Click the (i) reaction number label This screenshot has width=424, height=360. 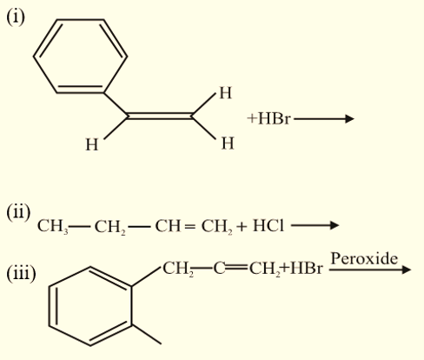[x=16, y=17]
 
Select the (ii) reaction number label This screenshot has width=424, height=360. [x=18, y=212]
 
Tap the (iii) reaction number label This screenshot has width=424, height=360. [x=21, y=273]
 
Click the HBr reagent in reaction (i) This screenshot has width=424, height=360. [x=274, y=119]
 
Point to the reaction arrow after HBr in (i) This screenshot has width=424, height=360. [x=324, y=119]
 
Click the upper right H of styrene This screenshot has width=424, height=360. [x=226, y=93]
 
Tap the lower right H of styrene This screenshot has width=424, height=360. [x=228, y=143]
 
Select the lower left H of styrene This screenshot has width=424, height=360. [x=92, y=144]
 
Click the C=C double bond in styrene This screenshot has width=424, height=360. [x=160, y=116]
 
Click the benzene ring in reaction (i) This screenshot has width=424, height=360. [x=80, y=19]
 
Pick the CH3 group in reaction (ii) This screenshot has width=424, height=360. [x=53, y=226]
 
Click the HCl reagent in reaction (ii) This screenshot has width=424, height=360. [x=268, y=226]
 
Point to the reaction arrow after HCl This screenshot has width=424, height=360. [x=315, y=225]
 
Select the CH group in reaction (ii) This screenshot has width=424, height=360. [x=168, y=226]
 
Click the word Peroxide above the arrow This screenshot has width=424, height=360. [x=364, y=258]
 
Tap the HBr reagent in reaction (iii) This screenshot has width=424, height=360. [x=306, y=268]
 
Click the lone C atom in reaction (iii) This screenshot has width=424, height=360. [x=219, y=269]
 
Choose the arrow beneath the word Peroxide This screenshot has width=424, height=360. [x=370, y=270]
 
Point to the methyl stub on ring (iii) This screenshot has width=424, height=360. [x=147, y=334]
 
